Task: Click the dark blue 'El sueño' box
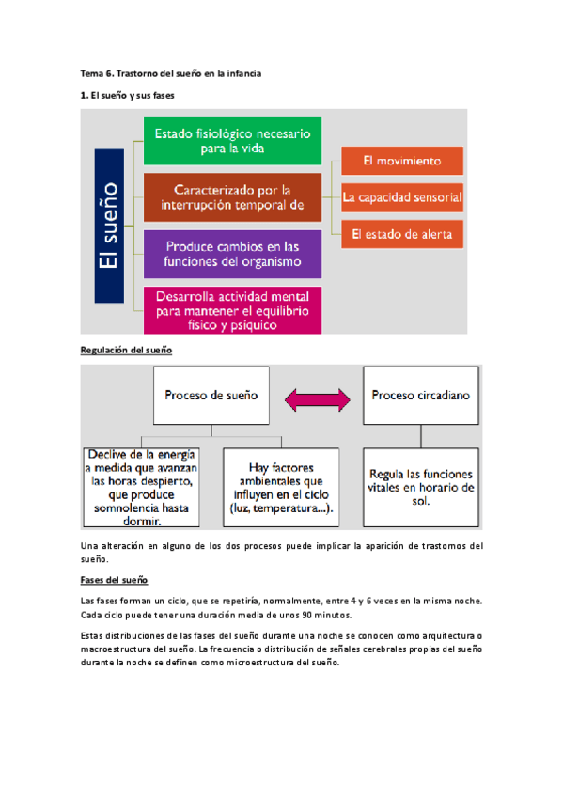tap(112, 227)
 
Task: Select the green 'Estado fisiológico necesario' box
tap(232, 140)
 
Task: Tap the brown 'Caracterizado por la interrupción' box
tap(232, 197)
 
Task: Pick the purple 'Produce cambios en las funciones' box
tap(232, 253)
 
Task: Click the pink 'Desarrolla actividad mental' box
tap(232, 310)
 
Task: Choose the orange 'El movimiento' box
tap(401, 160)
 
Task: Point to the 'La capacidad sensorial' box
tap(401, 197)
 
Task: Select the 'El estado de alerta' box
tap(401, 233)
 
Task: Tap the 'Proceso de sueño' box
tap(210, 396)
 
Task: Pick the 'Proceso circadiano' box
tap(421, 396)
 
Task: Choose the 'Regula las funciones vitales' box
tap(421, 487)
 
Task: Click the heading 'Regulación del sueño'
tap(125, 350)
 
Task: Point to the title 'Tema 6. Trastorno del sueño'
tap(169, 72)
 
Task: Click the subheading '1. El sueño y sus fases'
tap(127, 96)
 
